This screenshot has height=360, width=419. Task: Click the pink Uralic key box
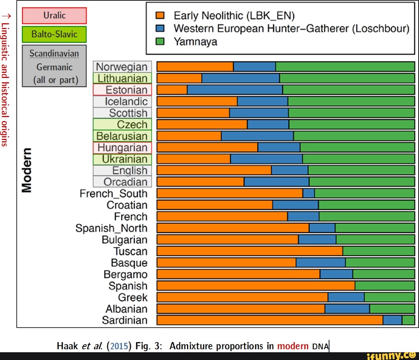point(54,16)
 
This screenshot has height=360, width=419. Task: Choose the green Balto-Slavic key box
point(54,34)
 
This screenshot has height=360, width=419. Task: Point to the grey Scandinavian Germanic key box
point(54,66)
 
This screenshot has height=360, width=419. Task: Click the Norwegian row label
point(122,67)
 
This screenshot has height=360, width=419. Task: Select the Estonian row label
point(122,90)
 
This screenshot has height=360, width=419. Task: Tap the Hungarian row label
point(122,148)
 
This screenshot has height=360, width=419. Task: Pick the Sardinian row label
point(125,320)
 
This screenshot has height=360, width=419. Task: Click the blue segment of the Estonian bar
point(235,90)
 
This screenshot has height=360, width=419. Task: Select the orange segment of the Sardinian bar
point(270,320)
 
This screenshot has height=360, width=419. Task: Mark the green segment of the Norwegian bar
point(345,67)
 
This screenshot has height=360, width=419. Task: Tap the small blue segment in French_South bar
point(308,194)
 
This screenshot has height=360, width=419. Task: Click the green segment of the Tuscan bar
point(379,251)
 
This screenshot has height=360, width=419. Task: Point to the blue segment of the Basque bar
point(320,263)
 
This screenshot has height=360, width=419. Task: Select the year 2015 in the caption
point(119,346)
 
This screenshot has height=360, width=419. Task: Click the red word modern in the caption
point(293,346)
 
